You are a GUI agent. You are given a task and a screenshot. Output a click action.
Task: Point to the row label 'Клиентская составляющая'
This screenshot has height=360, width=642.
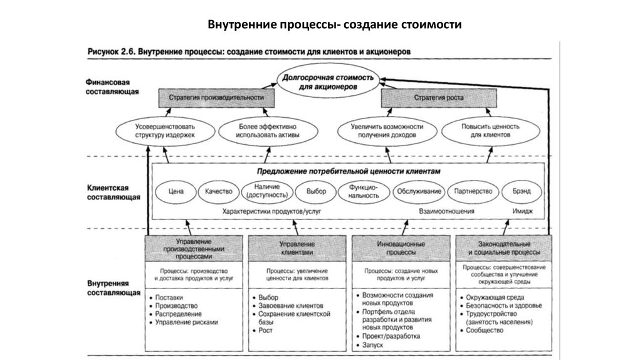(x=109, y=191)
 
